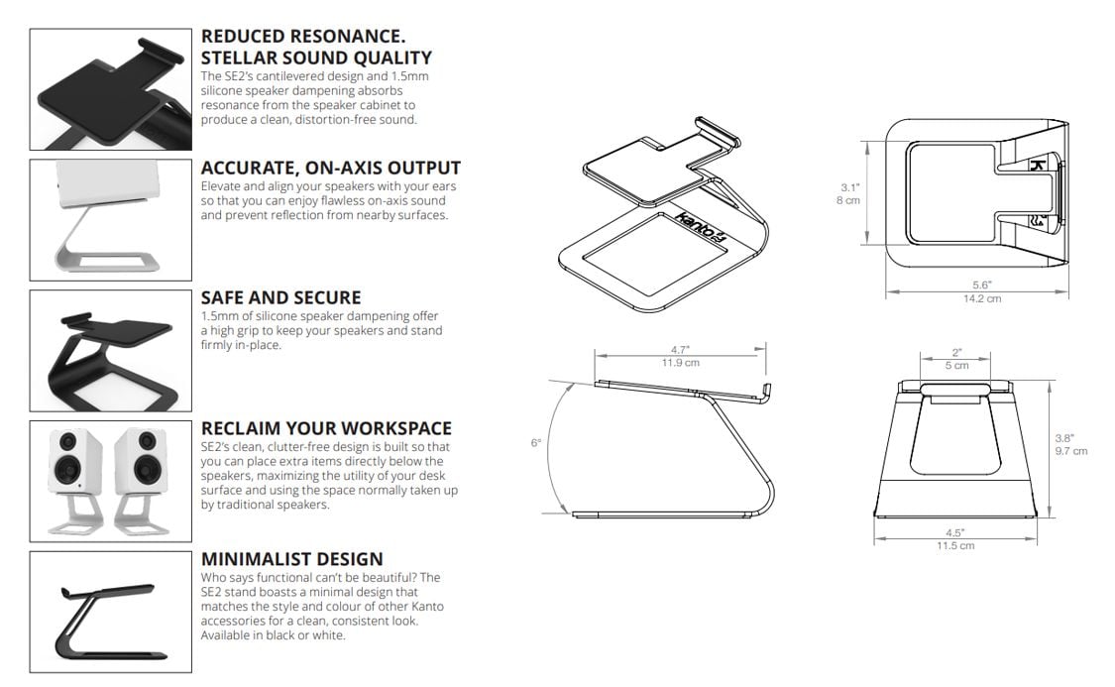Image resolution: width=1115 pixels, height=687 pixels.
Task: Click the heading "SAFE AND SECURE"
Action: (280, 298)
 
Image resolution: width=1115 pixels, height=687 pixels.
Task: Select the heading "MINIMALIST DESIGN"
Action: (292, 560)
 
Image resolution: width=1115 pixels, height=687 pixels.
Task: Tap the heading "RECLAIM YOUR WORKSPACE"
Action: (326, 429)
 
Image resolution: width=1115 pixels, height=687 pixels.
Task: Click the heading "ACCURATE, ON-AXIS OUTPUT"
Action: (331, 169)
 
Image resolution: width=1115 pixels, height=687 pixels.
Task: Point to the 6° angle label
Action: (535, 443)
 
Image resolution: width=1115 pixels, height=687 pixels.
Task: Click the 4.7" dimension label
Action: (681, 350)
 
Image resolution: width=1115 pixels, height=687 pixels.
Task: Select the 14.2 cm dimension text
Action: (982, 298)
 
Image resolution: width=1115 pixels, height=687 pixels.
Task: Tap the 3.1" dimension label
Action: (849, 187)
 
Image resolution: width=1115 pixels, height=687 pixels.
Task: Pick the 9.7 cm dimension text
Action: (1071, 451)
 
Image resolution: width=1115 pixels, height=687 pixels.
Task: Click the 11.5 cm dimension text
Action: (955, 546)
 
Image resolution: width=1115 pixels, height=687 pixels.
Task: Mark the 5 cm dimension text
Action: (956, 366)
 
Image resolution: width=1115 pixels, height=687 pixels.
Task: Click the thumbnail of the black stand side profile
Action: (110, 613)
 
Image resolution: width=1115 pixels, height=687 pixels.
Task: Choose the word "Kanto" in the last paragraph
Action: (427, 607)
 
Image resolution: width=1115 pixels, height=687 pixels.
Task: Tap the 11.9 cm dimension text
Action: (681, 363)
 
